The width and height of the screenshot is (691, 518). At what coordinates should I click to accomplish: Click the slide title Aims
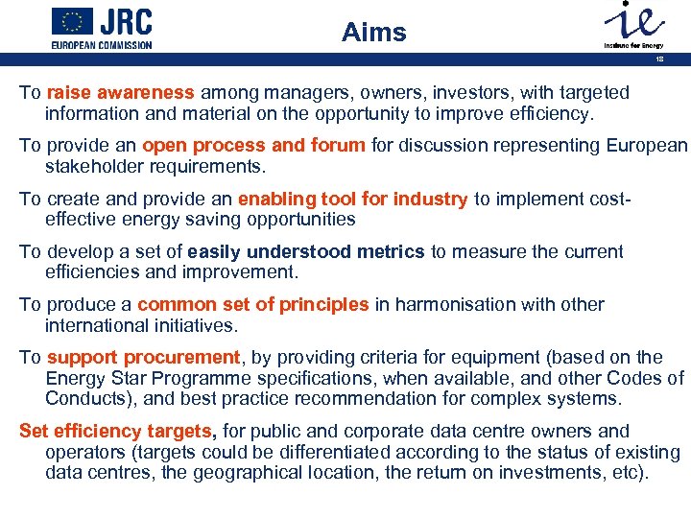(x=374, y=33)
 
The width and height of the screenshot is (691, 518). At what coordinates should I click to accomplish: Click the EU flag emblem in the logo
(x=72, y=20)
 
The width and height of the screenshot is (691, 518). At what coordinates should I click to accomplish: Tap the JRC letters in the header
(x=127, y=21)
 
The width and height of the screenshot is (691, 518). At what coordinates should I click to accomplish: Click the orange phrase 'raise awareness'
(x=120, y=93)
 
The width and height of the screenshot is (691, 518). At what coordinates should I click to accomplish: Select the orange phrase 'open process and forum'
(x=253, y=146)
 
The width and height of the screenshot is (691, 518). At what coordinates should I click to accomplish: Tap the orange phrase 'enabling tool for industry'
(x=352, y=199)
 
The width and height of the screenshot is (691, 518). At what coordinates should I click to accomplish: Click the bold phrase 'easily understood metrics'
(x=306, y=251)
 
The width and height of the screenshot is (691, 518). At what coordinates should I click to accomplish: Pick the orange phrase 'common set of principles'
(x=253, y=304)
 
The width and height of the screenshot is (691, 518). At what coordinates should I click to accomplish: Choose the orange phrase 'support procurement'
(x=144, y=357)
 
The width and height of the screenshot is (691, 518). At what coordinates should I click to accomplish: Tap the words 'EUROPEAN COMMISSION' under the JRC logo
(x=102, y=44)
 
